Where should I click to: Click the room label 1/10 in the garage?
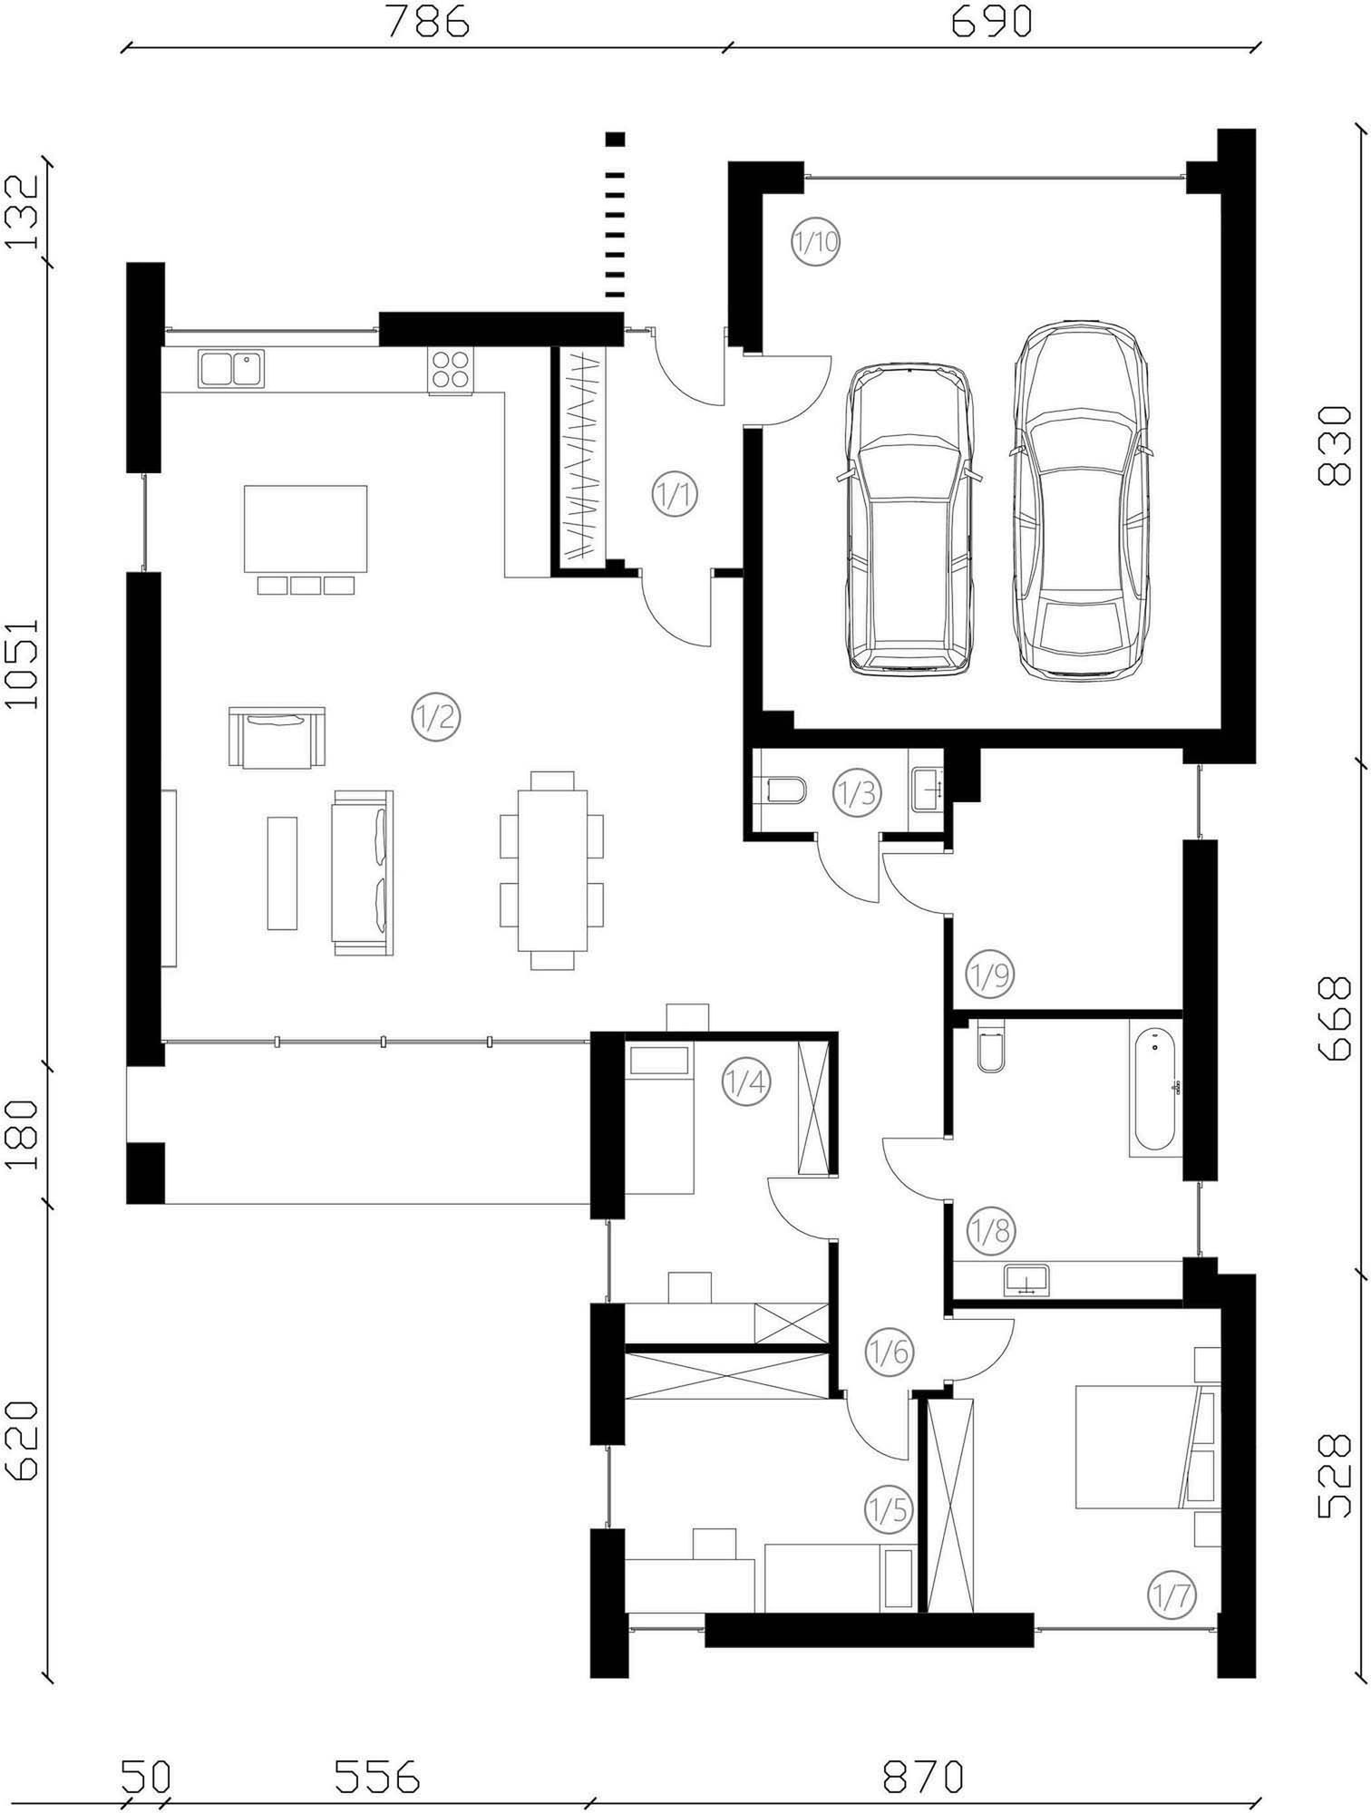(x=815, y=242)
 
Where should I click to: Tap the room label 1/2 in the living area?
(x=435, y=718)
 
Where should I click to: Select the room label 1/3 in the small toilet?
(x=857, y=793)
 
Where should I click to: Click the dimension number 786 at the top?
(x=428, y=22)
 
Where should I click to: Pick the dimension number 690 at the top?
(x=991, y=22)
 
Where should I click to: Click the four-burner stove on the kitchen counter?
(x=451, y=372)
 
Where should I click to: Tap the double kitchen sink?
(x=230, y=369)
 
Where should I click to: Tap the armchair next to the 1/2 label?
(x=277, y=737)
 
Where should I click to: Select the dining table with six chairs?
(x=552, y=870)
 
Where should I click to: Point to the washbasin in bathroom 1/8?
(x=1026, y=1279)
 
